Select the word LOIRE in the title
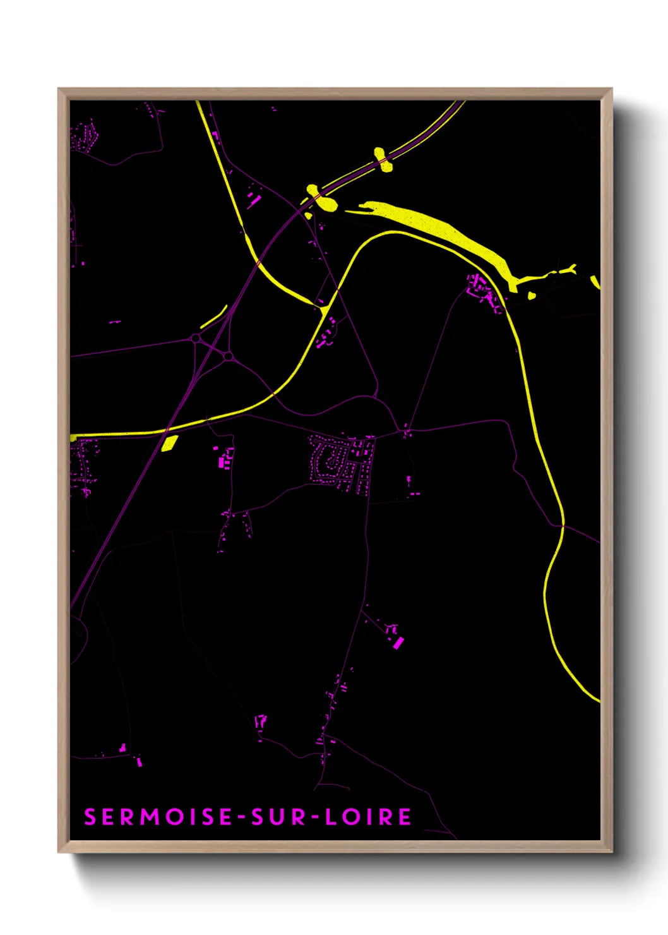tap(368, 817)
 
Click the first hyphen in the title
tap(242, 817)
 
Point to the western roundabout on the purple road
tap(196, 339)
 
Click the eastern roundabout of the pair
tap(228, 357)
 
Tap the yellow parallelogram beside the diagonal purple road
tap(169, 443)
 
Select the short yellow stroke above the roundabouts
tap(214, 317)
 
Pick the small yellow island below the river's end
tap(532, 294)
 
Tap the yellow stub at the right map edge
tap(595, 281)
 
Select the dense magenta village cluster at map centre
tap(341, 461)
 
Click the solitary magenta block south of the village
tap(398, 642)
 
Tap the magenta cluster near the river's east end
tap(483, 291)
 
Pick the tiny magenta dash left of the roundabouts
tap(114, 322)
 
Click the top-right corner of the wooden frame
tap(611, 89)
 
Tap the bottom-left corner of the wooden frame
tap(59, 851)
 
